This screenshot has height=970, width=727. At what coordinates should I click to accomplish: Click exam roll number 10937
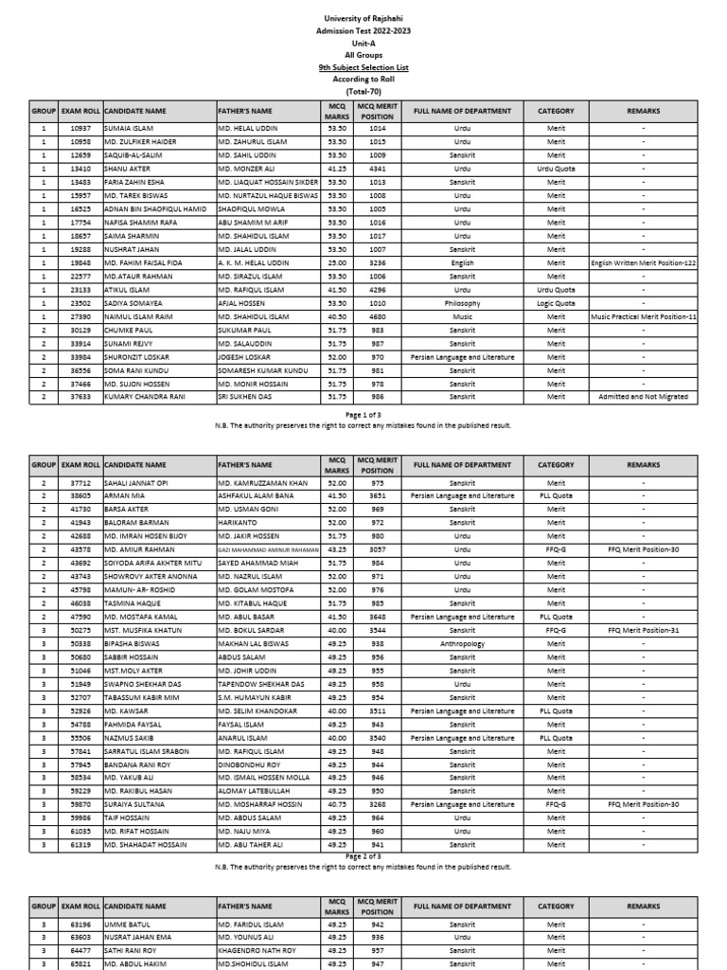tap(80, 128)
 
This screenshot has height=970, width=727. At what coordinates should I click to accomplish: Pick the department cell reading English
tap(462, 262)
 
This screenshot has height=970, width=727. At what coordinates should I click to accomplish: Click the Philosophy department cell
tap(462, 303)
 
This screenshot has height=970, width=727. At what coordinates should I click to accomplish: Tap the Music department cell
tap(462, 316)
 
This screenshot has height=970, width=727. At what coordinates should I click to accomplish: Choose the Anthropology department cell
tap(462, 644)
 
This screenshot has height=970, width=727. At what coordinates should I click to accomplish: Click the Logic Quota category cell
tap(556, 303)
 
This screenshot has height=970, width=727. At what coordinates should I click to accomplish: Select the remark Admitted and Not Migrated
tap(643, 397)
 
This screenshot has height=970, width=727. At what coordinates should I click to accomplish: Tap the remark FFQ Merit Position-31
tap(643, 630)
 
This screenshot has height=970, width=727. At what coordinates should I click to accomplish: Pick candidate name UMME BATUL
tap(127, 924)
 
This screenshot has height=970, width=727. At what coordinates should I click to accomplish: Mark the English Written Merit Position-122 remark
tap(643, 262)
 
